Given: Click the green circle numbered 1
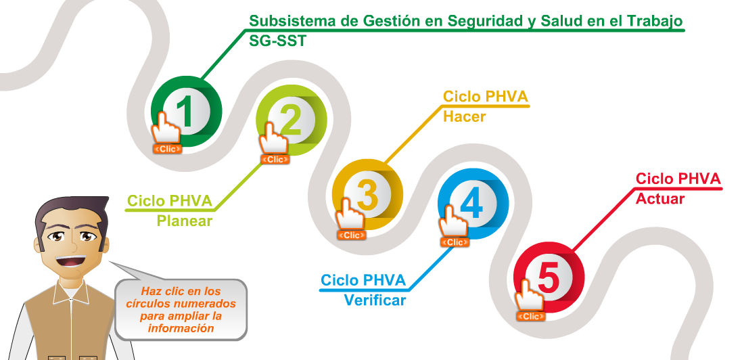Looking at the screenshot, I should tap(186, 112).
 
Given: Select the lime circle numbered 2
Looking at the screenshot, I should tap(292, 120).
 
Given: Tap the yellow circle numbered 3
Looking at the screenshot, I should tap(367, 194).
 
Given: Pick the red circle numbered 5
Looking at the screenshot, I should tap(549, 278).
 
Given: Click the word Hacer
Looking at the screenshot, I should tap(464, 117).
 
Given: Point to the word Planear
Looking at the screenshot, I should tap(185, 221).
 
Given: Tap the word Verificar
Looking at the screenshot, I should tap(375, 300).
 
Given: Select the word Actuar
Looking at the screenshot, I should tap(660, 199).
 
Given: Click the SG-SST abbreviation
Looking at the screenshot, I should tap(277, 41).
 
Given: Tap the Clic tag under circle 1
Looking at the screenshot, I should tap(168, 148).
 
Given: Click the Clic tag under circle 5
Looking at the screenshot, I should tap(531, 316).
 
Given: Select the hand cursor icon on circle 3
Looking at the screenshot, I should tap(350, 213).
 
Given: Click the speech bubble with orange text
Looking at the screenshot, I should tap(181, 309).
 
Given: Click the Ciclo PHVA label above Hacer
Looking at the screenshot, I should tap(485, 97).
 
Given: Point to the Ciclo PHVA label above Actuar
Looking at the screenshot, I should tap(678, 179).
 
